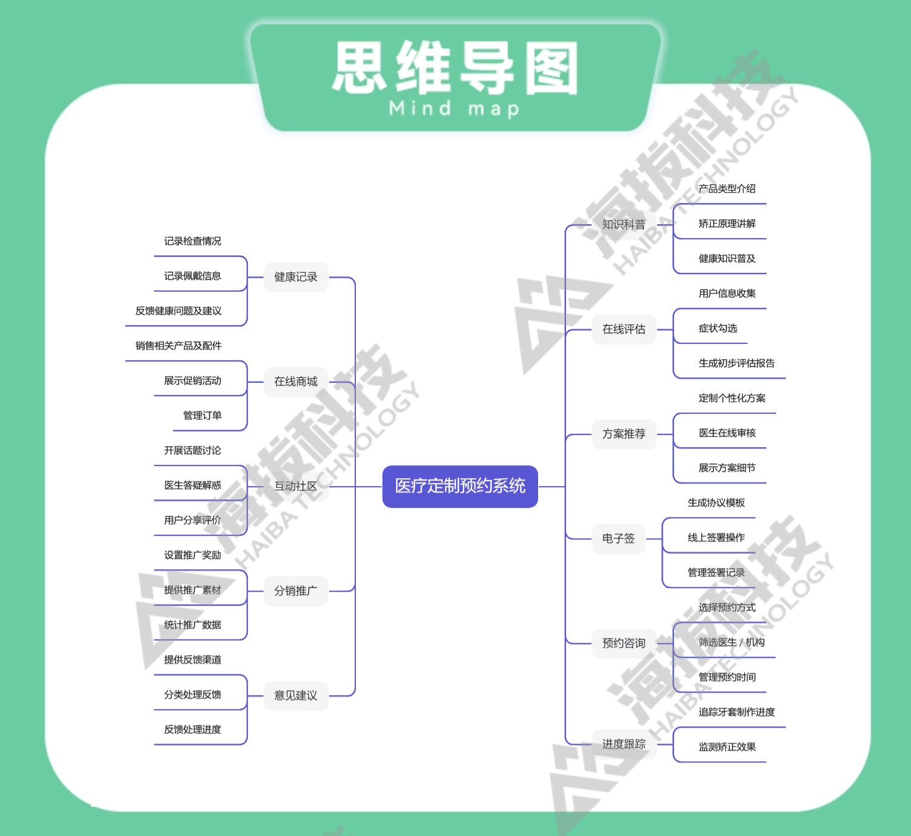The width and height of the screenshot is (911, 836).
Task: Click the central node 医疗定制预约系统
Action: [460, 486]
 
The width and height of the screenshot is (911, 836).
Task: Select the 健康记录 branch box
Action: [296, 277]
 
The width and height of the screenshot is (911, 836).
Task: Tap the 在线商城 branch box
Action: [296, 382]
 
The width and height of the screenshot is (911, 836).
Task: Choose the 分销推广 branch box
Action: [296, 591]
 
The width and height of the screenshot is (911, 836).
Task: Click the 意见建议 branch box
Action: [296, 695]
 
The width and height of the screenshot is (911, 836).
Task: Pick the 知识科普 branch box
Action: [624, 225]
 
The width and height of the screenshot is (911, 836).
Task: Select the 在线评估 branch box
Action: [624, 329]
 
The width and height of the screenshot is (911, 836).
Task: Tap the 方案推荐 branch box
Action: [624, 434]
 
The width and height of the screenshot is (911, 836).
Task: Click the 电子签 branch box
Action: [618, 538]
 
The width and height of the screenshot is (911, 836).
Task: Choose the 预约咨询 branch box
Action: [624, 643]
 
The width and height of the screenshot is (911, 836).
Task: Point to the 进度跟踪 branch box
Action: [624, 744]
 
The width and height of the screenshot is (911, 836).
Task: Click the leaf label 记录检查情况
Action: [193, 241]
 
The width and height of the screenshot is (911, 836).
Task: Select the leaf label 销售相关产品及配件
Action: [179, 346]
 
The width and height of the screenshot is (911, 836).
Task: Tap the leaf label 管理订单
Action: [202, 416]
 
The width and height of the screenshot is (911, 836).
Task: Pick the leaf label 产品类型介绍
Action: [727, 189]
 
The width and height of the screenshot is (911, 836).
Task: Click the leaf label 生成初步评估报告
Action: [737, 363]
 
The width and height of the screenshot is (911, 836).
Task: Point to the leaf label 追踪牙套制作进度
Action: [737, 712]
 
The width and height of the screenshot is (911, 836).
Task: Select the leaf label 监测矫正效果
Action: [727, 747]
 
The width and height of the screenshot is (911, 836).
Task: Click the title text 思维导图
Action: [455, 68]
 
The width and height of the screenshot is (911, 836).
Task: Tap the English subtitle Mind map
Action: [454, 109]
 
